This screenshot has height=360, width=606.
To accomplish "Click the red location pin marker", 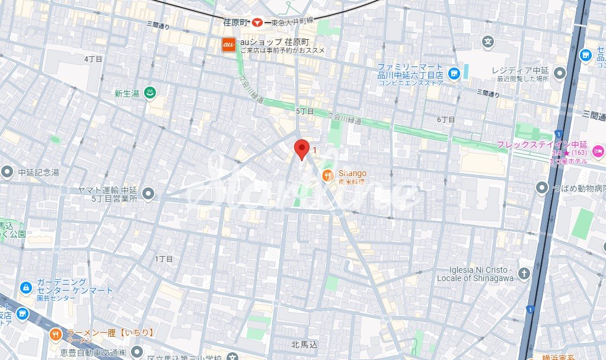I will (302, 149).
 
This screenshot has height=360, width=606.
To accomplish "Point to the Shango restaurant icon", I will (327, 175).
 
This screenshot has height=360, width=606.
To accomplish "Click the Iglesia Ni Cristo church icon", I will (524, 273).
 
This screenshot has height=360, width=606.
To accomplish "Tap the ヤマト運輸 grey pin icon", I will (148, 194).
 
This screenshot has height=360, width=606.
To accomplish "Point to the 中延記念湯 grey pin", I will (7, 173).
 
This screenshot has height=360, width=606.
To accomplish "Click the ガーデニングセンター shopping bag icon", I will (25, 288).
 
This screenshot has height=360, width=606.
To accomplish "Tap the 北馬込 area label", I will (305, 344).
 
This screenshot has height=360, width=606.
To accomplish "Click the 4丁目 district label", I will (94, 59).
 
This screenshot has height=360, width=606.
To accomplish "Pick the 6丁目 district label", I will (446, 120).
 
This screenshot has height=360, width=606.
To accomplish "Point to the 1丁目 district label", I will (164, 259).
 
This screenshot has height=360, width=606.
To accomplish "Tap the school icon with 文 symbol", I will (488, 42).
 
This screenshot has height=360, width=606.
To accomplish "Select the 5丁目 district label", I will (305, 111).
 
